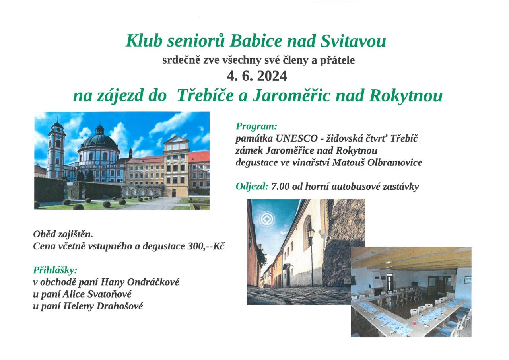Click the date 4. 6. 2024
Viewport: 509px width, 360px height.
(257, 76)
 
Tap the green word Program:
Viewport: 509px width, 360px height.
(256, 126)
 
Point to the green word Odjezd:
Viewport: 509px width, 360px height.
(252, 186)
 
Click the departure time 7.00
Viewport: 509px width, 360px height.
(280, 187)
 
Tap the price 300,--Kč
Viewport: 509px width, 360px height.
(206, 246)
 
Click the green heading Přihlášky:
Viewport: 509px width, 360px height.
(55, 270)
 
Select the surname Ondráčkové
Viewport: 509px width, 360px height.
(153, 282)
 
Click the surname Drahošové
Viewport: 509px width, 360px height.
(120, 306)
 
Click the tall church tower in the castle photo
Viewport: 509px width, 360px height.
(56, 149)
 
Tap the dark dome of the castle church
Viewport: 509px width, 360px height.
(99, 142)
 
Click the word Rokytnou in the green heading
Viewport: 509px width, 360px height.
(406, 96)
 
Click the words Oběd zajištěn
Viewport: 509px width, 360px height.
(63, 234)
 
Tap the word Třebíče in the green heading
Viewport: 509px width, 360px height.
(205, 95)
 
